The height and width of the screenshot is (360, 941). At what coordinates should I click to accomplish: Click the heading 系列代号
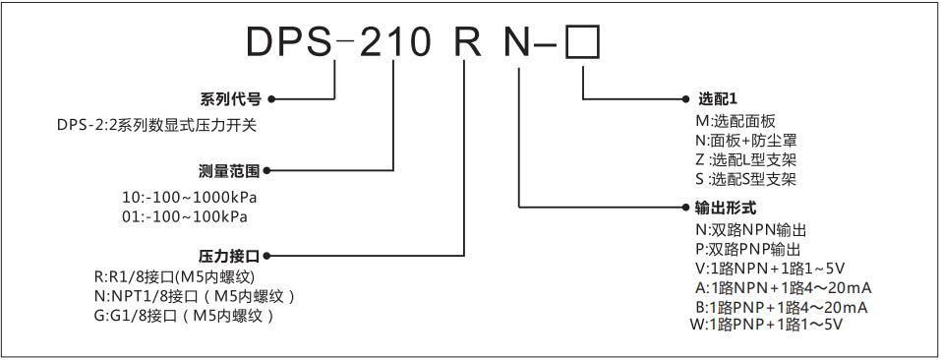[231, 99]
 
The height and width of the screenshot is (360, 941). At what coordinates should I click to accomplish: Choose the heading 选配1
[717, 99]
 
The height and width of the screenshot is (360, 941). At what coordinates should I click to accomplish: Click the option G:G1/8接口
[181, 316]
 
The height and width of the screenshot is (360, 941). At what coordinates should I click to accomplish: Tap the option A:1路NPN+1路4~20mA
[783, 287]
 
